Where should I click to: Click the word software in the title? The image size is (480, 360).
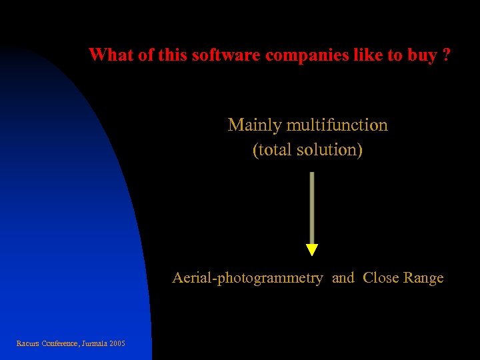point(226,55)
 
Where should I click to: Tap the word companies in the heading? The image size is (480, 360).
point(305,55)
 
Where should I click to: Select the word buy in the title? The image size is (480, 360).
point(421,55)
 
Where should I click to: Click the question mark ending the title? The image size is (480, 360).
point(446,55)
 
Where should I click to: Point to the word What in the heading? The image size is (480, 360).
point(111,55)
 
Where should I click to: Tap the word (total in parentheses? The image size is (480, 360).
point(270,149)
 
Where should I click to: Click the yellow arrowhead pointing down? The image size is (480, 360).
point(312,250)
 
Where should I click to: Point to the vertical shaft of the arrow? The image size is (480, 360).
point(312,207)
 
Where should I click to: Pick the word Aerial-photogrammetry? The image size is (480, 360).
point(247,278)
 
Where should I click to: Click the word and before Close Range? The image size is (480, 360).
point(343,278)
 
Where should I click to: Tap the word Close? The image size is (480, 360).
point(381,278)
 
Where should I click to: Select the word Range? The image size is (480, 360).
point(423,278)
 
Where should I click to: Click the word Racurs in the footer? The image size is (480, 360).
point(27,344)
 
